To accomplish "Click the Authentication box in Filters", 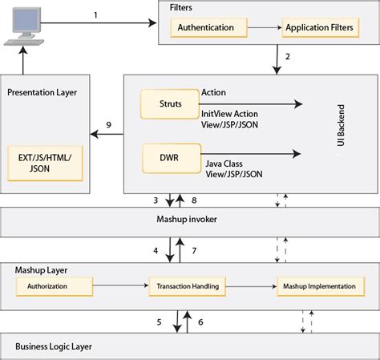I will tap(205, 27).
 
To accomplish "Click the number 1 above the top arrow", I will tap(96, 15).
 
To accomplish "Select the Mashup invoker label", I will tap(186, 219).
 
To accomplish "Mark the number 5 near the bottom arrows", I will tap(160, 322).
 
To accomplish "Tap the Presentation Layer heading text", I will tap(42, 92).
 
